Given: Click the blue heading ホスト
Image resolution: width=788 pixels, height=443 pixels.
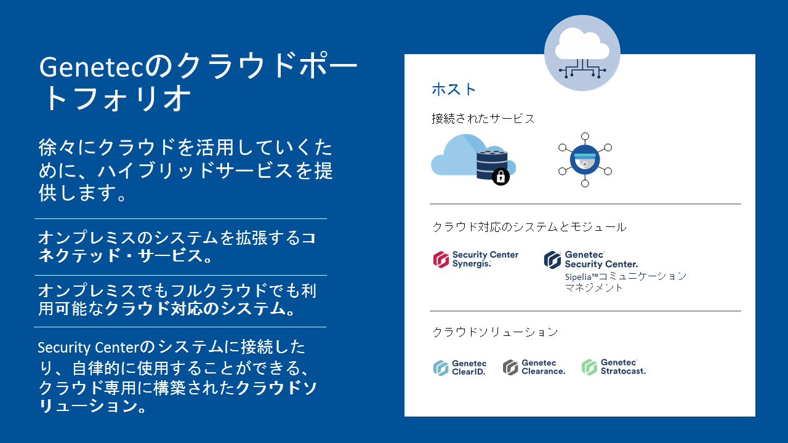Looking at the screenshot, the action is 454,89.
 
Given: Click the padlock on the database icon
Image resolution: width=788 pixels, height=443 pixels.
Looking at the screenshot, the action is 501,176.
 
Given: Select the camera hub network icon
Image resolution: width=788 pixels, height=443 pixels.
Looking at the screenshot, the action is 585,160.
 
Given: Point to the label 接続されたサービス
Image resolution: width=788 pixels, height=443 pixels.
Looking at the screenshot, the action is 483,119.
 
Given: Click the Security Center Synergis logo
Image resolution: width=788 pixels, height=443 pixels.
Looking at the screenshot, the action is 476,260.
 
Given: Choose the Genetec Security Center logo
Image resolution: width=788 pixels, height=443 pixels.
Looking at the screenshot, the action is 590,260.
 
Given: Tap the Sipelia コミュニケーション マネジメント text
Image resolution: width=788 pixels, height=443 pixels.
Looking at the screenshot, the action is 625,282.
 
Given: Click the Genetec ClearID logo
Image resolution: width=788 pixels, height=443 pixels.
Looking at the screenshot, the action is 460,367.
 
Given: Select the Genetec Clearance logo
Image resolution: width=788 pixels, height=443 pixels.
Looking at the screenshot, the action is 534,367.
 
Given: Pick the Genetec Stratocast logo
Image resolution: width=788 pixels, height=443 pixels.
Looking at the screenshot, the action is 614,367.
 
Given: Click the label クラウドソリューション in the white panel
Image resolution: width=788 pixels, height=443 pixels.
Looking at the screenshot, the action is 495,332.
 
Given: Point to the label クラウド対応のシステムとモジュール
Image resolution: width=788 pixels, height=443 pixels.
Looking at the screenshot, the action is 529,227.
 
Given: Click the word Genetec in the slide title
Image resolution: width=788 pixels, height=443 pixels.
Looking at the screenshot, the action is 92,67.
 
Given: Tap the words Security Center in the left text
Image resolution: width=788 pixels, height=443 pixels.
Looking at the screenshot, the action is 89,348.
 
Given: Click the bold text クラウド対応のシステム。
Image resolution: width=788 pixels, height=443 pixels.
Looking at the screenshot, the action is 201,309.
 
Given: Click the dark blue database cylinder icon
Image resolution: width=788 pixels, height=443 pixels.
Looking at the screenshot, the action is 492,164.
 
